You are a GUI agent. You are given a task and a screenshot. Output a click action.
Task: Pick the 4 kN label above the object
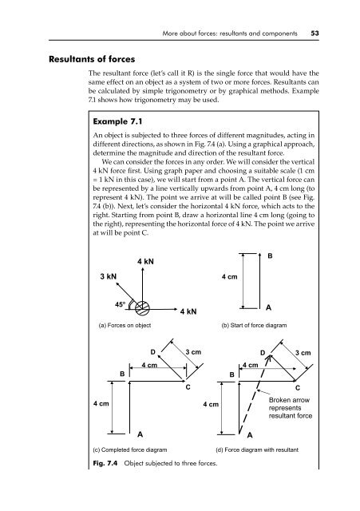coord(145,261)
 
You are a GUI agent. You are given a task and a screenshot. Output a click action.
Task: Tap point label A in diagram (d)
coord(249,435)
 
